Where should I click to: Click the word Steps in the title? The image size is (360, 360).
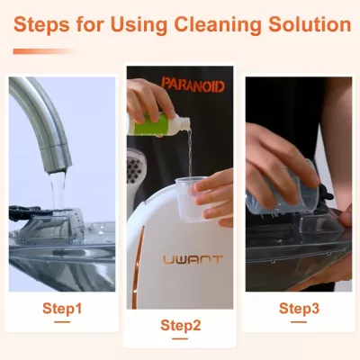(x=41, y=25)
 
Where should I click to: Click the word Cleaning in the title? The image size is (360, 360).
(x=218, y=25)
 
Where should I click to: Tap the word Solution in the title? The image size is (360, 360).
(x=310, y=25)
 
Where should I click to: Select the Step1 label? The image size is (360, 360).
(x=62, y=308)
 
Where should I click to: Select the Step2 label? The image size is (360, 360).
(x=180, y=325)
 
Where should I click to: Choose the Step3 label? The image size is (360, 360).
(x=299, y=308)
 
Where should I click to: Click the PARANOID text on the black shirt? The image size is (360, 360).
(x=193, y=85)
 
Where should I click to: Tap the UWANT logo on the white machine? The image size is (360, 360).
(x=193, y=260)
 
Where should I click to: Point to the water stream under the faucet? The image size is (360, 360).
(x=58, y=192)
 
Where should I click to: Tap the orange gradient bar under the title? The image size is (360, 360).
(x=45, y=51)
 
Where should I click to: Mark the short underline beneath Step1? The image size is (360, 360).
(x=62, y=322)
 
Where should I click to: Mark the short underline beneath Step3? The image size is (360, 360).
(x=299, y=322)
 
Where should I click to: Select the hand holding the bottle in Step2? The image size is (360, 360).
(x=150, y=99)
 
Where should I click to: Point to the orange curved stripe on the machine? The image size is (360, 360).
(x=138, y=267)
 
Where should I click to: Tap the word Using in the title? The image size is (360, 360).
(x=140, y=25)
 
